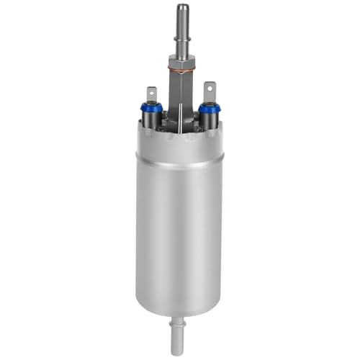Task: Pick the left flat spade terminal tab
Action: point(152,94)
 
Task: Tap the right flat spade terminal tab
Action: point(209,91)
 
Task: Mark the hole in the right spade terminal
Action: point(210,89)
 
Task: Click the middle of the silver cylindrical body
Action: point(179,230)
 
